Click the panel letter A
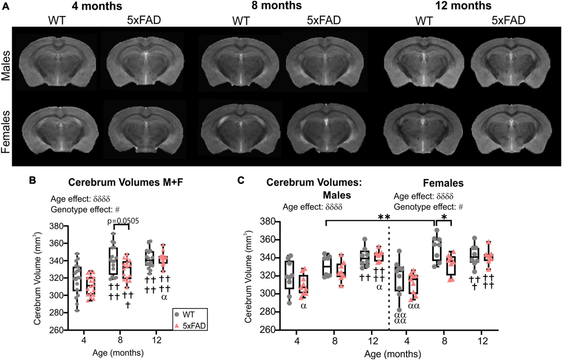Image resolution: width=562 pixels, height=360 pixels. click(6, 7)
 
